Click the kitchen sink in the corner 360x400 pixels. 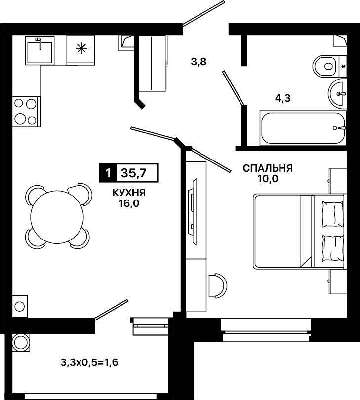(x=40, y=50)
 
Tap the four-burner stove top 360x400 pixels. (x=26, y=112)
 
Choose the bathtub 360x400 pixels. (x=303, y=128)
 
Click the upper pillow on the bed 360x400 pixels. (x=333, y=214)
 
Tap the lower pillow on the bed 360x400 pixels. (x=333, y=248)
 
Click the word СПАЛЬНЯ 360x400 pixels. (x=268, y=168)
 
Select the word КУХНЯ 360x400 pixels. (x=129, y=193)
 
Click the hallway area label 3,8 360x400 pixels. (x=199, y=62)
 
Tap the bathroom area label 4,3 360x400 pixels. (x=282, y=98)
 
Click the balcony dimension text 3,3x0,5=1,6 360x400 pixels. (x=89, y=362)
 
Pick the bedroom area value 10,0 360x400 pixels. (x=267, y=179)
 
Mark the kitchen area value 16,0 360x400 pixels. (x=128, y=203)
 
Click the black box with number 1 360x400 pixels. (x=108, y=173)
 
